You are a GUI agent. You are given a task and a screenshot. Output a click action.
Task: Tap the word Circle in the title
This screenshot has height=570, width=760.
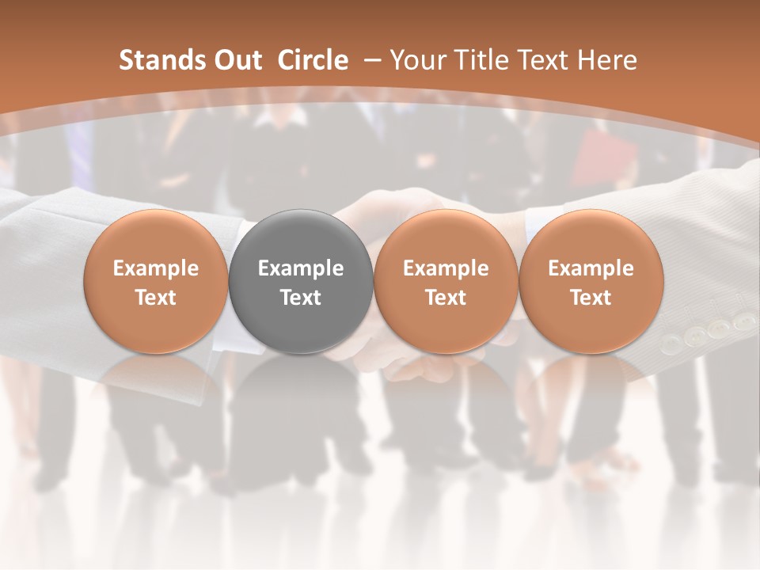click(313, 60)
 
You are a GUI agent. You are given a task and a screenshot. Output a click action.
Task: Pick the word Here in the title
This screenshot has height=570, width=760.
click(607, 60)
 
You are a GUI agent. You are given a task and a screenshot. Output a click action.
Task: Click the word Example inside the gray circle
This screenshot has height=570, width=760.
click(301, 268)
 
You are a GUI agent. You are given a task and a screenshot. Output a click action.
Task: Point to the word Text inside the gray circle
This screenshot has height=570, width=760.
click(301, 298)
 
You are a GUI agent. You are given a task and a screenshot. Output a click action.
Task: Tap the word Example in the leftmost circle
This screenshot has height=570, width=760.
click(156, 268)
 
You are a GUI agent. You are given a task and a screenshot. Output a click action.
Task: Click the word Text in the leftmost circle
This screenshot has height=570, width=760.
click(156, 298)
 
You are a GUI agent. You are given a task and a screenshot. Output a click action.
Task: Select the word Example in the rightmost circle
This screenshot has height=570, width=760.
click(591, 268)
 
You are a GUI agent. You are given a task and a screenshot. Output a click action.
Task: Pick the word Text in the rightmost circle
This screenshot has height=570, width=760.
click(591, 298)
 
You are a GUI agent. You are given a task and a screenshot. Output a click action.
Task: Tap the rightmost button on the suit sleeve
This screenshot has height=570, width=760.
click(743, 321)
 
